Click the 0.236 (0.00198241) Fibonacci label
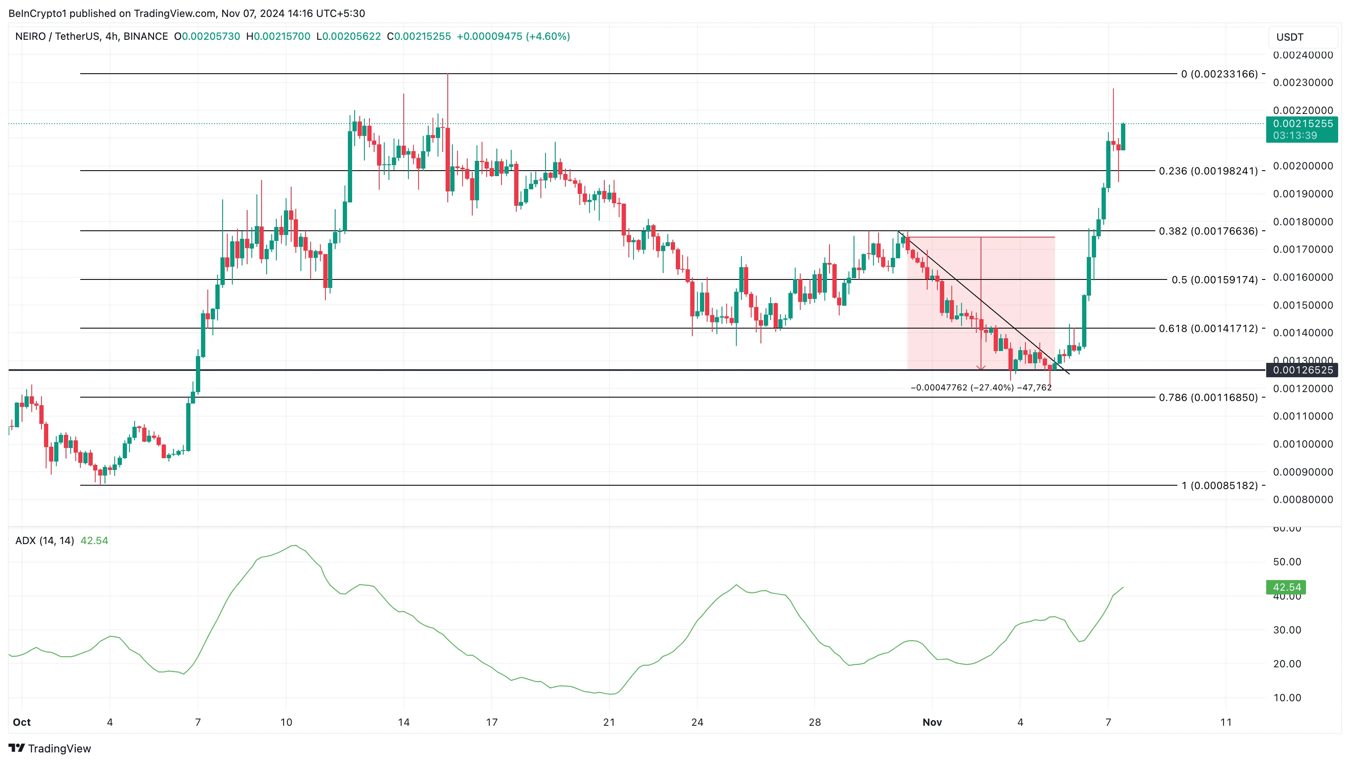point(1208,171)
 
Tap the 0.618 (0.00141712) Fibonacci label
point(1208,328)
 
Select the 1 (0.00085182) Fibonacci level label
point(1219,485)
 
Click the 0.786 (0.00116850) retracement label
point(1208,398)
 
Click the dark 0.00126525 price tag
point(1302,370)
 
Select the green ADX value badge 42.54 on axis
point(1287,587)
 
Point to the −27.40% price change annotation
point(981,387)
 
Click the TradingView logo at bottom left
point(50,748)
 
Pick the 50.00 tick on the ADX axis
point(1287,561)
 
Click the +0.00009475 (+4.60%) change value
point(513,36)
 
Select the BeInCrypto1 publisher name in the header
point(37,13)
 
